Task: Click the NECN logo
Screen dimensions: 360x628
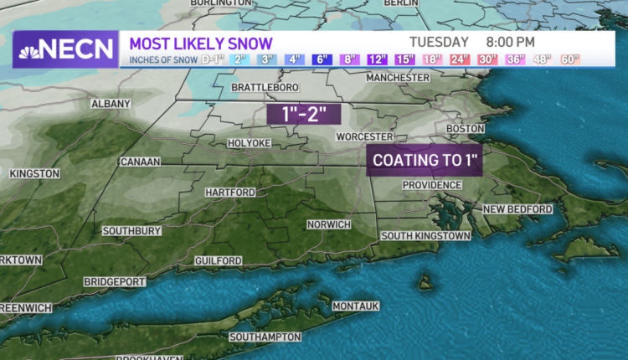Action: point(64,49)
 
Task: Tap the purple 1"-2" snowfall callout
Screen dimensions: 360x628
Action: point(296,114)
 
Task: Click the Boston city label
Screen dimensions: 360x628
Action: point(466,128)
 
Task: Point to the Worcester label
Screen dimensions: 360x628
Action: point(364,136)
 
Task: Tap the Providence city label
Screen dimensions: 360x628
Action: point(432,185)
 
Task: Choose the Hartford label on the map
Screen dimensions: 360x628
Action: point(230,193)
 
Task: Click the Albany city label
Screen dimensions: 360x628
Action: point(111,104)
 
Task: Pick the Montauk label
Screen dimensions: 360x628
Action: point(356,306)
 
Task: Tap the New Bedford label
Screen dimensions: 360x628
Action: point(517,208)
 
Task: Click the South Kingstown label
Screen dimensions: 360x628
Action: point(425,236)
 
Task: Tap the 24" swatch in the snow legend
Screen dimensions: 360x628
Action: point(460,59)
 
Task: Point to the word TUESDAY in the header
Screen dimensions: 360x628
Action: point(439,41)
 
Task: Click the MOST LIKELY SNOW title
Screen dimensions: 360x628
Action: point(200,42)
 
